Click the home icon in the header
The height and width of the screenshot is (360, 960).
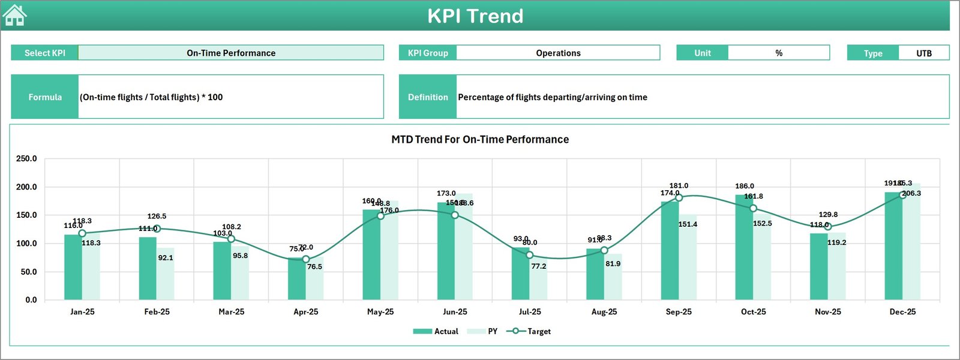(14, 16)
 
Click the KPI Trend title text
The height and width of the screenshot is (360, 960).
(475, 16)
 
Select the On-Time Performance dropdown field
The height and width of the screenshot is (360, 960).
(231, 53)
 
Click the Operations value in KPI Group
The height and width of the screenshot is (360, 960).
(558, 53)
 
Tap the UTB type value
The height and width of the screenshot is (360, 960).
(923, 53)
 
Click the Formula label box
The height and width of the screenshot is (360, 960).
(45, 97)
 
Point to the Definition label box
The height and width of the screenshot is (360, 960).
(428, 97)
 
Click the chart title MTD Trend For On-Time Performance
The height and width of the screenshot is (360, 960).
(480, 139)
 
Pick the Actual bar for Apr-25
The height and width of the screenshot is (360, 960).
(296, 279)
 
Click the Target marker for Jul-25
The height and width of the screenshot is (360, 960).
(529, 255)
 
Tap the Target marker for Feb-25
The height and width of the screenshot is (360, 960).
(157, 229)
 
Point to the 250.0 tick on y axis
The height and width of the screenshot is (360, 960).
(26, 158)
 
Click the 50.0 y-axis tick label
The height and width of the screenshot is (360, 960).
(28, 272)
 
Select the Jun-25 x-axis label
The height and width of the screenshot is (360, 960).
(455, 312)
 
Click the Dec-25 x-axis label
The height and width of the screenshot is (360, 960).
(902, 312)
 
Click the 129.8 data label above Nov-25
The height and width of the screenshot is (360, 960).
(828, 214)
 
